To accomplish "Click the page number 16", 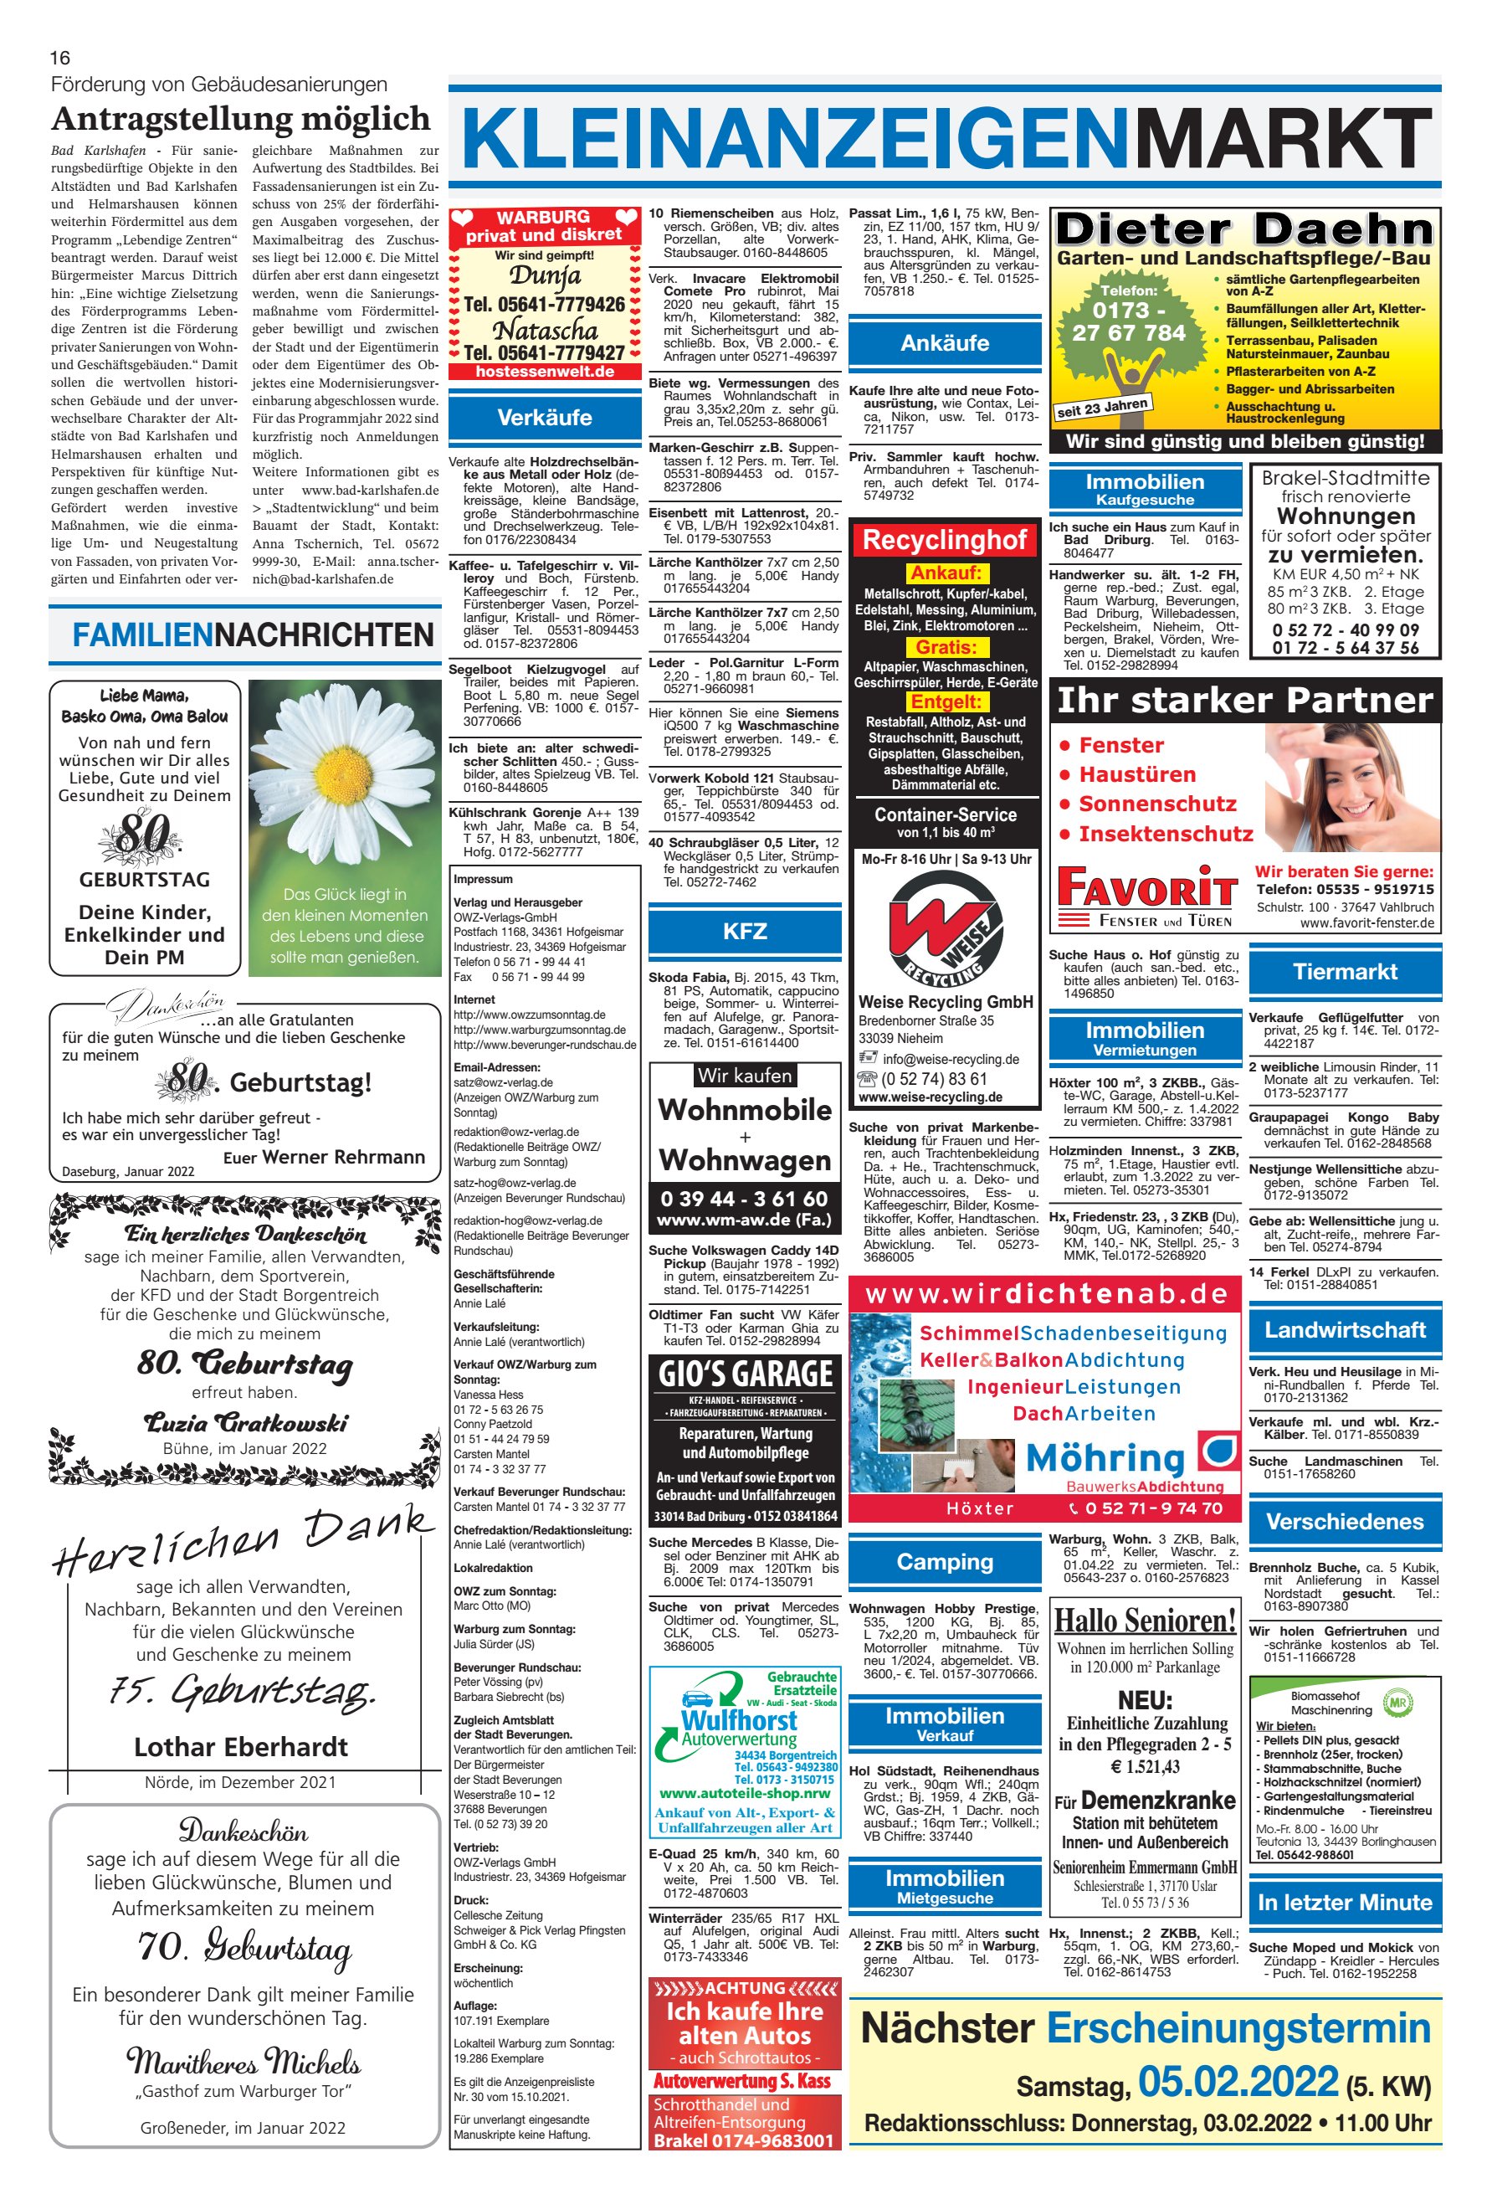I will pyautogui.click(x=59, y=59).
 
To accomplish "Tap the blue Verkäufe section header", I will pyautogui.click(x=544, y=417).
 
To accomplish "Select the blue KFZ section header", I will pyautogui.click(x=745, y=931).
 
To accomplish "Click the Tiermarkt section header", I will pyautogui.click(x=1345, y=972).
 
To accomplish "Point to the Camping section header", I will pyautogui.click(x=944, y=1561).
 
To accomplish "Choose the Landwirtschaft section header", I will pyautogui.click(x=1345, y=1329).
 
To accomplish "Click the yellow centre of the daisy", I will pyautogui.click(x=345, y=763).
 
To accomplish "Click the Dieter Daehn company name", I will pyautogui.click(x=1244, y=229).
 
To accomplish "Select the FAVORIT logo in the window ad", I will pyautogui.click(x=1146, y=890).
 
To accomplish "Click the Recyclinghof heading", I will pyautogui.click(x=944, y=540).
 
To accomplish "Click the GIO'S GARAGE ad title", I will pyautogui.click(x=745, y=1373).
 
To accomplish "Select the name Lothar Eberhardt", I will pyautogui.click(x=241, y=1747).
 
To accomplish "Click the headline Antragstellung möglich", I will pyautogui.click(x=241, y=119).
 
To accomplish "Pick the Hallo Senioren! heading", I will pyautogui.click(x=1145, y=1620).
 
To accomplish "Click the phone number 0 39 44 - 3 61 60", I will pyautogui.click(x=745, y=1199).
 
